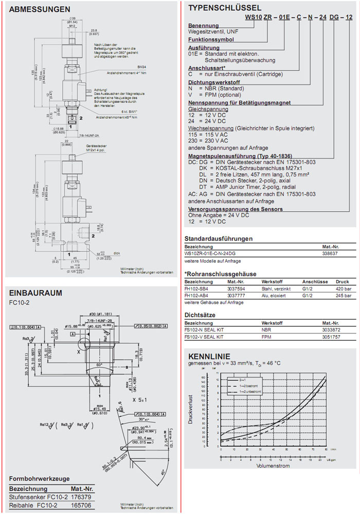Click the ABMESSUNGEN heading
(x=40, y=10)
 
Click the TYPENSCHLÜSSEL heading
(x=225, y=8)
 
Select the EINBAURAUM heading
(x=35, y=293)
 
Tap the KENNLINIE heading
(x=209, y=356)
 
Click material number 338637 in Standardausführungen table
(x=330, y=253)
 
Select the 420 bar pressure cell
(x=343, y=289)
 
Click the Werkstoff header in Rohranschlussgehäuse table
(x=272, y=282)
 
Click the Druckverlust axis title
(x=190, y=409)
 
